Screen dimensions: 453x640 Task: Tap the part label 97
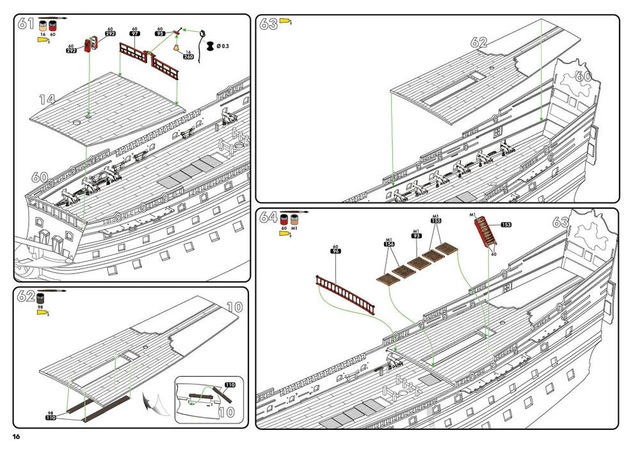coord(134,34)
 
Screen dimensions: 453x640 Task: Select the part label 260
coord(189,57)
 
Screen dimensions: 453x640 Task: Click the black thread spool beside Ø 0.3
coord(211,45)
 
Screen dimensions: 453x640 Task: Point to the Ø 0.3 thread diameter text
coord(225,46)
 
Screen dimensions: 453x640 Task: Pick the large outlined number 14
coord(47,99)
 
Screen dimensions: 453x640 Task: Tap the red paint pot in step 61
coord(52,26)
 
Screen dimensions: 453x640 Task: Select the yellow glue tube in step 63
coord(285,22)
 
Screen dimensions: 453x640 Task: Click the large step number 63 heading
coord(268,24)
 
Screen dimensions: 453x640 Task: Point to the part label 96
coord(335,251)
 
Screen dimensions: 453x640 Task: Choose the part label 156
coord(389,244)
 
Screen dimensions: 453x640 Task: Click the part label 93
coord(416,236)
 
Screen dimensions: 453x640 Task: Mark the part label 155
coord(436,221)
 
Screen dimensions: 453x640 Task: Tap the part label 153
coord(506,225)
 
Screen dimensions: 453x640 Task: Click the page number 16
coord(16,436)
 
